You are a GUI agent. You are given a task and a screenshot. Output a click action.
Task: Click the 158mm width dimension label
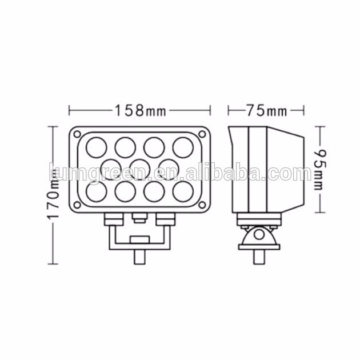[139, 110]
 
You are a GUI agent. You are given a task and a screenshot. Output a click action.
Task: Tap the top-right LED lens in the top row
[182, 146]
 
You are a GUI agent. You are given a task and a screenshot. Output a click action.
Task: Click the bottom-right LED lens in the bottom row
[182, 191]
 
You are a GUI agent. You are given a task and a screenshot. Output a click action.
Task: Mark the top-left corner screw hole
[77, 134]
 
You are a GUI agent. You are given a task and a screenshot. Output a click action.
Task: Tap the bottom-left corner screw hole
[77, 204]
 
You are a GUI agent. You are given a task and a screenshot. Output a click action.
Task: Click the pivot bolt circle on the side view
[258, 234]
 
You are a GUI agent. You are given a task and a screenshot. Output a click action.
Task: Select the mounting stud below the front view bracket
[139, 255]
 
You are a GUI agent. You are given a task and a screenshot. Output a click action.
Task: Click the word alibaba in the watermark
[234, 172]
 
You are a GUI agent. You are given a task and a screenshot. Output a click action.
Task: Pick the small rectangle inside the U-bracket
[139, 241]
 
